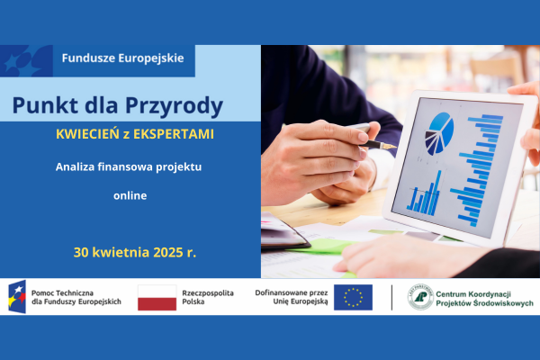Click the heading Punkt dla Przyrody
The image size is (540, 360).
click(x=118, y=106)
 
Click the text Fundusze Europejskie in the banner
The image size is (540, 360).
click(x=122, y=58)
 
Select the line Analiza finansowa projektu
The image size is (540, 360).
click(x=128, y=167)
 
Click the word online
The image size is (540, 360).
click(x=130, y=194)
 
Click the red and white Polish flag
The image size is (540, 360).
click(x=157, y=297)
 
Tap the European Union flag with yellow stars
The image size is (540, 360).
click(x=353, y=297)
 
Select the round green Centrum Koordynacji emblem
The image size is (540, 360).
click(x=420, y=297)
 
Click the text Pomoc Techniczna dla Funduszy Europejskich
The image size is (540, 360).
click(x=76, y=297)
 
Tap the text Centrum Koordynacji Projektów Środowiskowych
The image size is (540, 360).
click(x=484, y=298)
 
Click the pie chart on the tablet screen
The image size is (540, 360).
click(x=441, y=131)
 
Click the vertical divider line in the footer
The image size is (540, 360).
click(x=391, y=297)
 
